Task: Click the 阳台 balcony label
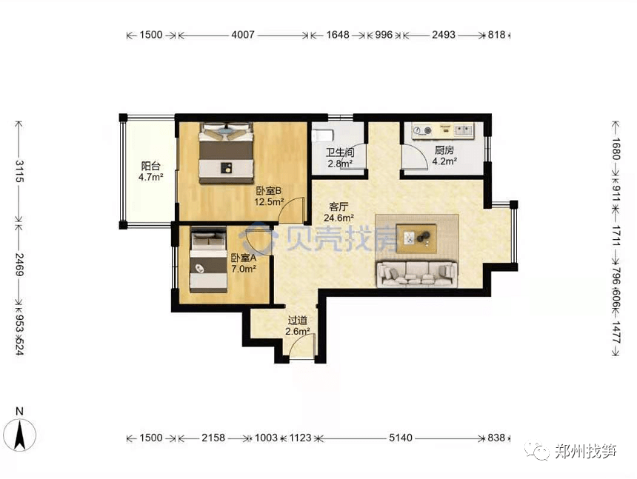coord(150,166)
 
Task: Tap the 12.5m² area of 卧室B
coord(269,202)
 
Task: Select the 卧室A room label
coord(244,258)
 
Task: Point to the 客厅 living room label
coord(338,207)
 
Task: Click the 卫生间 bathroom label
coord(340,153)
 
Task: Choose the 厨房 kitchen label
coord(444,150)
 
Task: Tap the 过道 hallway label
coord(297,321)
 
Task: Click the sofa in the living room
coord(417,274)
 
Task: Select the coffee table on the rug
coord(417,238)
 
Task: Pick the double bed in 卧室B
coord(226,153)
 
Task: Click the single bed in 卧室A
coord(208,260)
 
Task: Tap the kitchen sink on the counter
coord(463,130)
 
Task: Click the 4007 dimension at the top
coord(243,35)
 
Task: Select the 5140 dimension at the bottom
coord(401,438)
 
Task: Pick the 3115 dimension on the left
coord(19,171)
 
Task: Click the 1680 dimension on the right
coord(616,149)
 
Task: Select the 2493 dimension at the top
coord(444,35)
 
